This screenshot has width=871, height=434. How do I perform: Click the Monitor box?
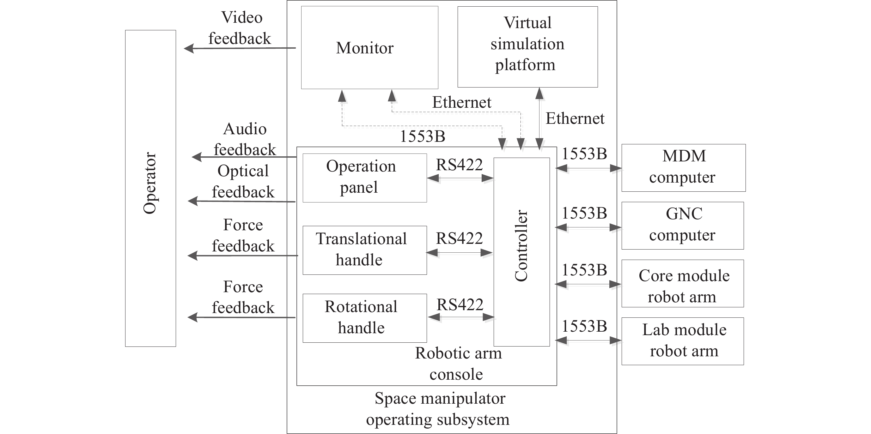click(369, 48)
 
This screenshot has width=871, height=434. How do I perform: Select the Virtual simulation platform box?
click(527, 47)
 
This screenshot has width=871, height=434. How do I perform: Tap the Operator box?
click(150, 188)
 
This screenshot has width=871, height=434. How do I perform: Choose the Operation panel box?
click(364, 178)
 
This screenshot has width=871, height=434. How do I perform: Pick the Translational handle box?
click(364, 250)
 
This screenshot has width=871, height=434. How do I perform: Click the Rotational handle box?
click(364, 318)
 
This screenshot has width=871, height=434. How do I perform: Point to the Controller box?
click(521, 252)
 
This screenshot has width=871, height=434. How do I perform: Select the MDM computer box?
click(683, 168)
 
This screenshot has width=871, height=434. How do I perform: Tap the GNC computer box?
click(682, 226)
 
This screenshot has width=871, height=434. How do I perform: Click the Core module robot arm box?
click(682, 283)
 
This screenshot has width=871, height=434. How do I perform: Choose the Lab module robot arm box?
click(682, 341)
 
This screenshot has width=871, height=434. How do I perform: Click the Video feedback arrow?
click(240, 48)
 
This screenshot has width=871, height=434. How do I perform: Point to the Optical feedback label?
click(243, 182)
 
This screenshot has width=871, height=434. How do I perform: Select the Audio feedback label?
click(245, 139)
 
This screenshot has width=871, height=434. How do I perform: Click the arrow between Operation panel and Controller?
click(460, 178)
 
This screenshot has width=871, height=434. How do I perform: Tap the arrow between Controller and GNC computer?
click(588, 228)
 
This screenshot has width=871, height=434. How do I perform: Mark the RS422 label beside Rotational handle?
click(460, 304)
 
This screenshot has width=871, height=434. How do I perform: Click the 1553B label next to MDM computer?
click(584, 154)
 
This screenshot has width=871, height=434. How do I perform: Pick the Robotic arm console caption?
click(458, 364)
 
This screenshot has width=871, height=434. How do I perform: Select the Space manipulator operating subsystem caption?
click(439, 409)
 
